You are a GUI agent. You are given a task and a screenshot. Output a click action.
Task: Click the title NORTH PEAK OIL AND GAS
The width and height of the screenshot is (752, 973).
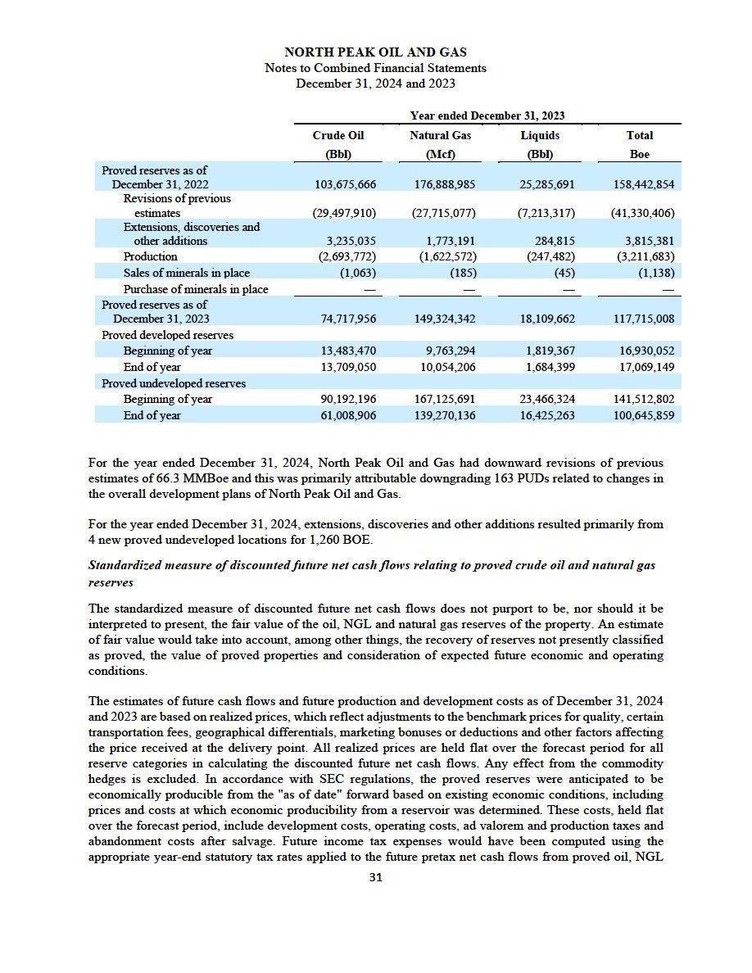[375, 53]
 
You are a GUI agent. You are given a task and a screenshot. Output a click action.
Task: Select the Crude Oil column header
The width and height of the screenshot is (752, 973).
[337, 135]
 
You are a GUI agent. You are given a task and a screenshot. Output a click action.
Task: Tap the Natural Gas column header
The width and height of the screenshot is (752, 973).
[440, 135]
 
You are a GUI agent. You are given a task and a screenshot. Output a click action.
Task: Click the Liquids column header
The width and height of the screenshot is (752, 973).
[540, 135]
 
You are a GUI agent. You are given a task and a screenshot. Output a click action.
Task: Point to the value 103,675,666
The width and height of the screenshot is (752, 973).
[345, 184]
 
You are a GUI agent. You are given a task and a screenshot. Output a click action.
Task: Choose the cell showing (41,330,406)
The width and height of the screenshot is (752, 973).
[642, 213]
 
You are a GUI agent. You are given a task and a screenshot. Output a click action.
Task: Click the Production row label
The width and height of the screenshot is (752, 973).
[150, 256]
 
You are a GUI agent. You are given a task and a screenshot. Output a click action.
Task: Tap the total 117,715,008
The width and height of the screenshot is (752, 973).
[642, 319]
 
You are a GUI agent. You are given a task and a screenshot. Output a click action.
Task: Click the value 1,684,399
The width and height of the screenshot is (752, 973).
[549, 367]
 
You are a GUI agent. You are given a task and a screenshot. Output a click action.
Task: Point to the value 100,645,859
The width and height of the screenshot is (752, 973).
[642, 415]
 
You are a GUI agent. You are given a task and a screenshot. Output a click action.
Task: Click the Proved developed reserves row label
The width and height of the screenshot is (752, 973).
[167, 335]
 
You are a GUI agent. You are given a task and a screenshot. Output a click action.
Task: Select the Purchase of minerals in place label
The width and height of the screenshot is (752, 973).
[196, 289]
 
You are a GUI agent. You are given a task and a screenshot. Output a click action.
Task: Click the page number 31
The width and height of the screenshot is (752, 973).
[375, 877]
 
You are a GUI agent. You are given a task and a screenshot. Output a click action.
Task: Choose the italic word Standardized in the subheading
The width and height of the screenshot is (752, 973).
[122, 566]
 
